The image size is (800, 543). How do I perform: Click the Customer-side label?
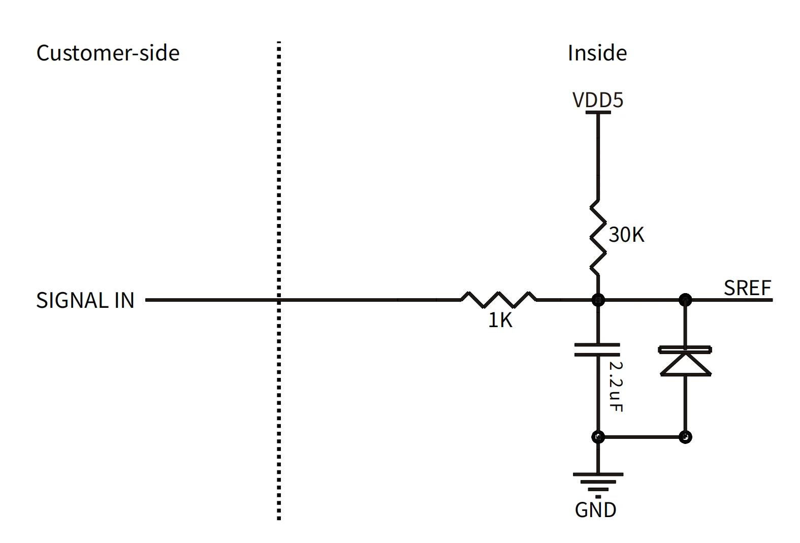pos(108,53)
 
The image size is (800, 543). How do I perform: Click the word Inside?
pos(597,53)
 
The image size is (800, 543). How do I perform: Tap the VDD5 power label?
pos(597,100)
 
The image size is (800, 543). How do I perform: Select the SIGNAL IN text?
pos(85,300)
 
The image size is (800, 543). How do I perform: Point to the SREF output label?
pos(747,288)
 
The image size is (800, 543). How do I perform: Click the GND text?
pos(595,509)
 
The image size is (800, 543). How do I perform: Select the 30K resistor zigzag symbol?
pos(598,237)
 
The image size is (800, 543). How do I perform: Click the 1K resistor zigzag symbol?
pos(498,300)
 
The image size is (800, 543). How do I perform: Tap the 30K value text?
pos(626,235)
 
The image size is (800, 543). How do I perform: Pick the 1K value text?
pos(500,320)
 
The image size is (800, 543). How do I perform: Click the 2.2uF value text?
pos(616,386)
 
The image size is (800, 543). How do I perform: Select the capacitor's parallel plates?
pos(597,349)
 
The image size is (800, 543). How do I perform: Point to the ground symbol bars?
pos(598,483)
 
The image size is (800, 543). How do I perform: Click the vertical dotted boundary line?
pos(279,279)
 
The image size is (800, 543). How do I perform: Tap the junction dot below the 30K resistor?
pos(598,300)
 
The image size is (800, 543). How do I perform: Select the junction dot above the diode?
pos(685,300)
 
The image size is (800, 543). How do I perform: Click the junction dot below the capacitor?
pos(598,436)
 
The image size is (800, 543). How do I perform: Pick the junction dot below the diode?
pos(685,436)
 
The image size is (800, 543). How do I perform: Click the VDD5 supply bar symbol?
pos(598,112)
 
